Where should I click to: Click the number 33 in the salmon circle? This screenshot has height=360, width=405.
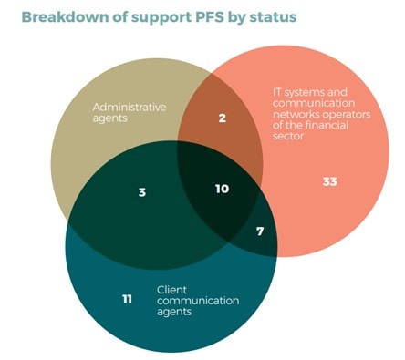(330, 182)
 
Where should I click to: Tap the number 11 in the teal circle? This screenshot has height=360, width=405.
(129, 298)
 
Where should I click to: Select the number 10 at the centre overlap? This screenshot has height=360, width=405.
(221, 189)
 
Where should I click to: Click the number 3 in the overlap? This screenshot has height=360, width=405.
(142, 193)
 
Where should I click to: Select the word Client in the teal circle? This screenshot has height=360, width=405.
(171, 290)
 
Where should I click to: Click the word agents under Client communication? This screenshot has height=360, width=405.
(173, 313)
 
